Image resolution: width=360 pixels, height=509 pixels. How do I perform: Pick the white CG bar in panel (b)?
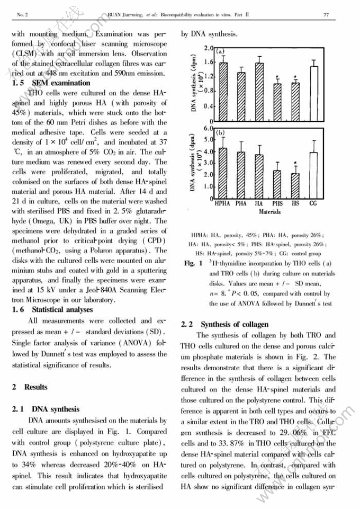313,175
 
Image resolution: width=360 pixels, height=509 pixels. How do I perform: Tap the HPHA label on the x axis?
222,203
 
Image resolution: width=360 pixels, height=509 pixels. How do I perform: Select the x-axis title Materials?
269,211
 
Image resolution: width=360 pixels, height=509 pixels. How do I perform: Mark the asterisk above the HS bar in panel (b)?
296,164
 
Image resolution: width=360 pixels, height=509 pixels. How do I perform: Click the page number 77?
326,15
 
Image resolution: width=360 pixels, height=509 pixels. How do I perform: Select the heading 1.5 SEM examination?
51,83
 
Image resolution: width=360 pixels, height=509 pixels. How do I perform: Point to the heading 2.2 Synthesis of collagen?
225,324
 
